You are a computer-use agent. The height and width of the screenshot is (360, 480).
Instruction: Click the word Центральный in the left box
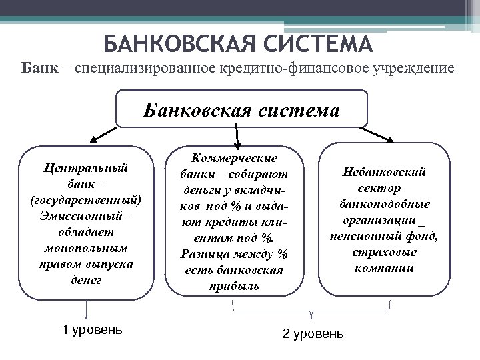[85, 167]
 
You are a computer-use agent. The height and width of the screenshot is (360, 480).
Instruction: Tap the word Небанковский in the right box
[385, 173]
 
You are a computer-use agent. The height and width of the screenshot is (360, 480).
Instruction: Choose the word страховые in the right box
[385, 253]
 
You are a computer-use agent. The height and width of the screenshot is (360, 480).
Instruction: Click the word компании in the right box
[385, 269]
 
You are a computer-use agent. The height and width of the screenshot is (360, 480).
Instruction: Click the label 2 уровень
[313, 333]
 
